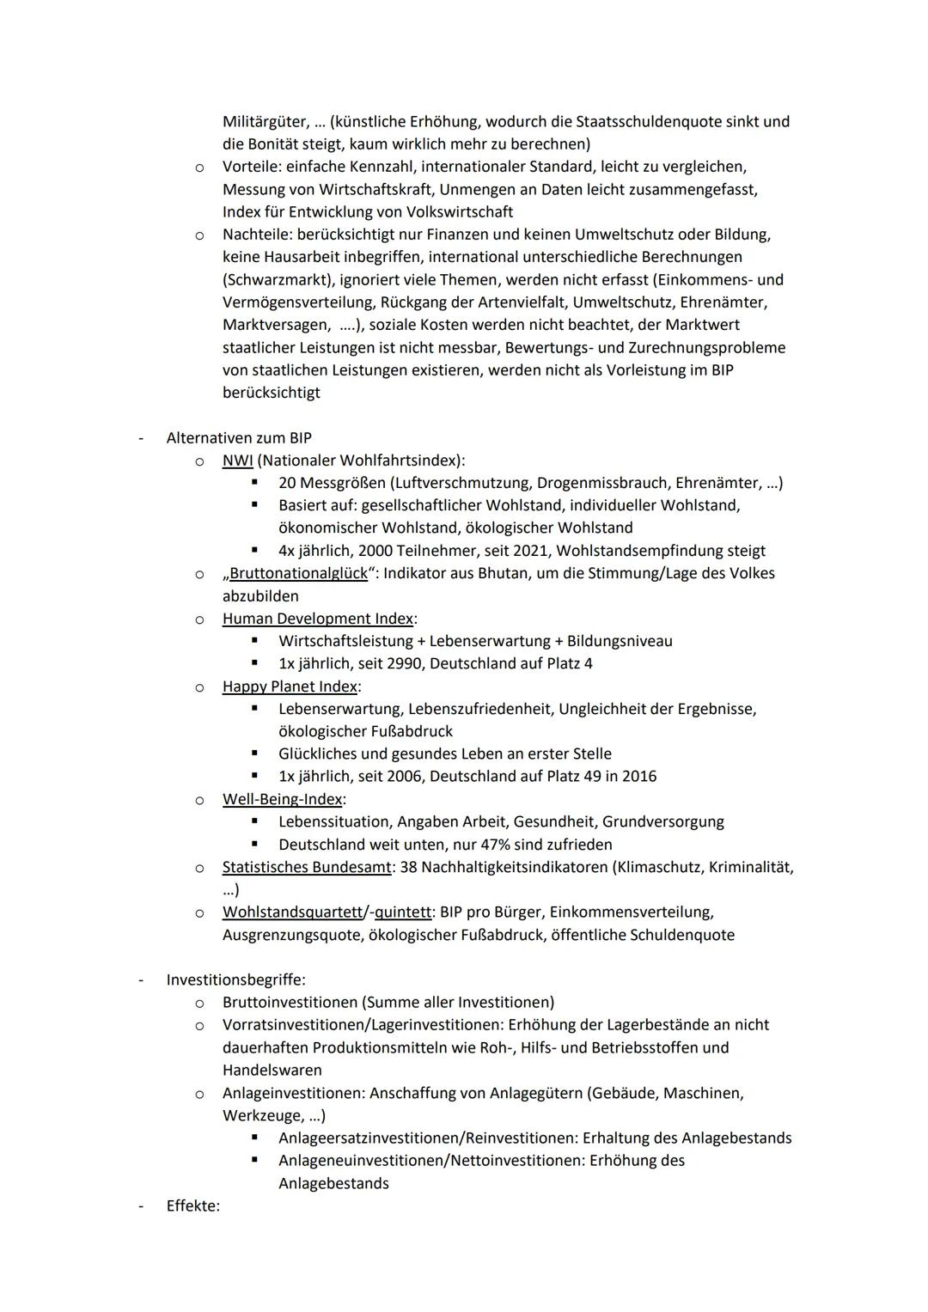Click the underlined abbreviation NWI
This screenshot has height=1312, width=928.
pyautogui.click(x=237, y=461)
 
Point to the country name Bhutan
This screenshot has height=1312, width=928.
pyautogui.click(x=504, y=573)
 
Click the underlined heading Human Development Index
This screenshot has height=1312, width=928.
pyautogui.click(x=317, y=619)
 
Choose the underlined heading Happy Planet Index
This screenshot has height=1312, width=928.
pyautogui.click(x=290, y=687)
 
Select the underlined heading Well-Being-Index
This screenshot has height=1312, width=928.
pyautogui.click(x=282, y=799)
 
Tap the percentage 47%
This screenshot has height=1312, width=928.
pyautogui.click(x=479, y=845)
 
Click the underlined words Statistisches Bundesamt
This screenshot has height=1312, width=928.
pyautogui.click(x=306, y=867)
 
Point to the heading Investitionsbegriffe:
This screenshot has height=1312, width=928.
pyautogui.click(x=235, y=979)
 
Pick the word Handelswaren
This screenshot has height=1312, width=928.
pyautogui.click(x=272, y=1071)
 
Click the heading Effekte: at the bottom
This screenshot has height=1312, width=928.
pyautogui.click(x=192, y=1206)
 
